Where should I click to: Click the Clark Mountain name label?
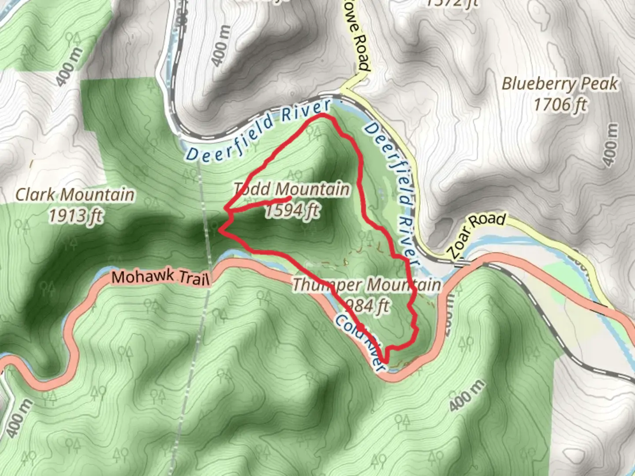point(75,194)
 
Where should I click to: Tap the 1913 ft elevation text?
point(75,216)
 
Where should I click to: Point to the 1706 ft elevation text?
point(560,104)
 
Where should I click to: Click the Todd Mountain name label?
point(291,189)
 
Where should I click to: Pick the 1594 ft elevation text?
point(292,210)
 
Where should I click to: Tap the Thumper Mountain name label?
point(366,285)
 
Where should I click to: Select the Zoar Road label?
point(476,235)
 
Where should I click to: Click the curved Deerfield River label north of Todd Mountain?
point(258,130)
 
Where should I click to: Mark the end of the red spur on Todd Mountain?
point(290,198)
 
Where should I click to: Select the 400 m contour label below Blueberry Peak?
point(610,145)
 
